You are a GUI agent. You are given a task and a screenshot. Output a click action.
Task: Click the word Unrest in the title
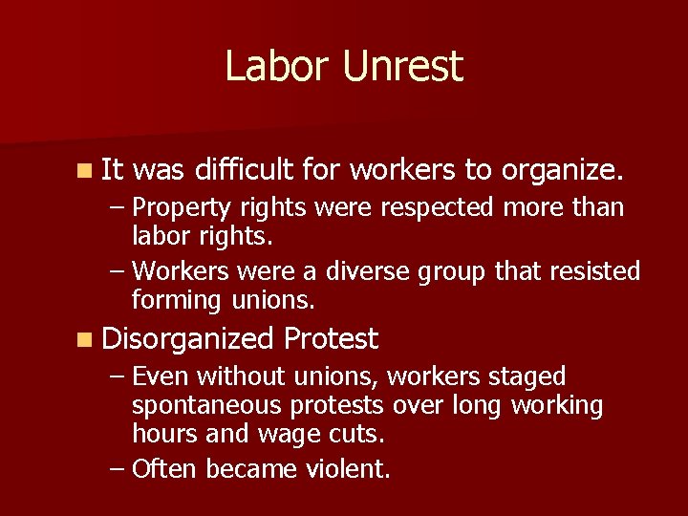[x=401, y=67]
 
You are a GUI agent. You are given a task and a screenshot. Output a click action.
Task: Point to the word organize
[x=563, y=170]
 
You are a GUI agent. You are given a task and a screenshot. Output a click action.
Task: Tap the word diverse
[x=369, y=272]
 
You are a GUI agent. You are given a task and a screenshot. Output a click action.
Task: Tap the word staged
[x=527, y=377]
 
